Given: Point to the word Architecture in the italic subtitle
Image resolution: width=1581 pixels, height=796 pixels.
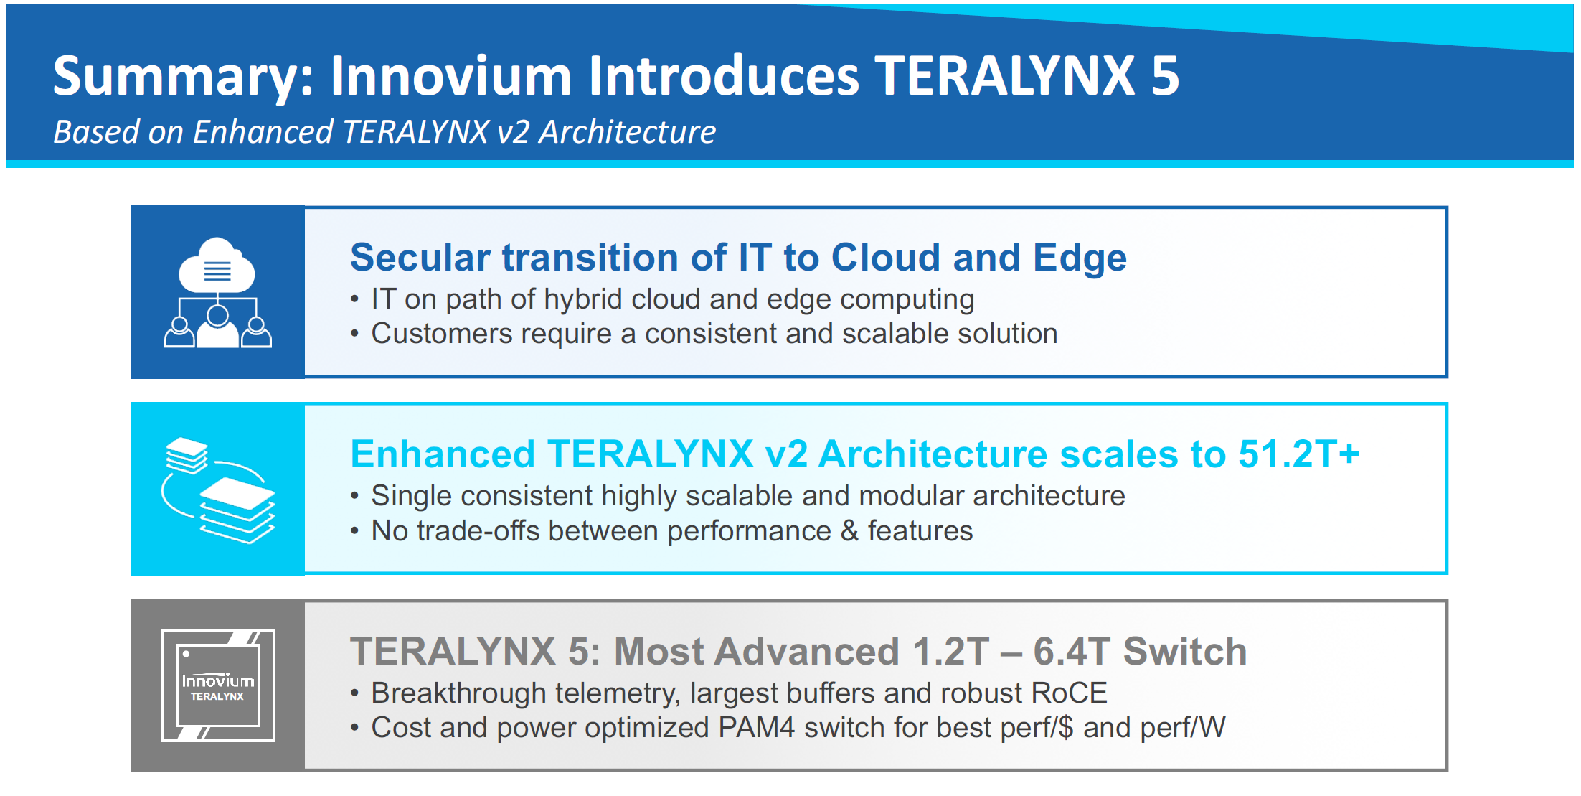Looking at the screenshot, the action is click(x=628, y=132).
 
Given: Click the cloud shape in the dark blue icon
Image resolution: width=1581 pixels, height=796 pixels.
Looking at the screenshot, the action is click(x=217, y=265).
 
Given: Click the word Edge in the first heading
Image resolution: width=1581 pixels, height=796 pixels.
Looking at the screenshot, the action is click(x=1080, y=258).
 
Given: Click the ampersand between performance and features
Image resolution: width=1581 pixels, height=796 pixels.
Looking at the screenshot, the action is click(x=849, y=531).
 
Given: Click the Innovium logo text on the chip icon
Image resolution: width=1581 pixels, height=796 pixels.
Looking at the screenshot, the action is click(x=217, y=680).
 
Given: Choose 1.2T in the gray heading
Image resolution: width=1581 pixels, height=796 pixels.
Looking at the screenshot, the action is click(x=950, y=652).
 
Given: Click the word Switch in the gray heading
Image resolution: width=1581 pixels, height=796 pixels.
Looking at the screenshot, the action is click(x=1185, y=652).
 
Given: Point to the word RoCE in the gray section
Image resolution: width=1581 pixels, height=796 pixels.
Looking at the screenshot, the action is click(x=1069, y=693).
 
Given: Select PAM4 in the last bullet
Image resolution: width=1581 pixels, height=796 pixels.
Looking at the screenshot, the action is click(x=757, y=728).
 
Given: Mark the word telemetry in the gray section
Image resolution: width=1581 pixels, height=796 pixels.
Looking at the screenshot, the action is click(x=618, y=694).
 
